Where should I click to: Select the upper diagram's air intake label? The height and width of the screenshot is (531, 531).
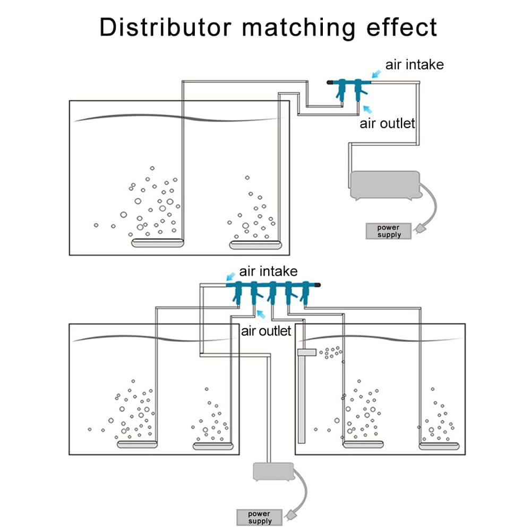click(x=414, y=65)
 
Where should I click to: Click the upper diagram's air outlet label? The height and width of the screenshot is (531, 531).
click(x=387, y=124)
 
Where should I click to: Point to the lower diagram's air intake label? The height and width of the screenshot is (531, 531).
click(x=268, y=271)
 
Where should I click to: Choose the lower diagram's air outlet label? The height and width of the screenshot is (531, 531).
click(x=267, y=331)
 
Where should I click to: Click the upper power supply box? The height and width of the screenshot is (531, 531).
click(x=389, y=231)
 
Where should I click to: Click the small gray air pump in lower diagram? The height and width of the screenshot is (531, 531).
click(x=272, y=471)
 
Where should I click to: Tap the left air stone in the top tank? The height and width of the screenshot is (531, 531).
click(x=158, y=244)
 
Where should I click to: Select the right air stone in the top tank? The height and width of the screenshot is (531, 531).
click(x=255, y=244)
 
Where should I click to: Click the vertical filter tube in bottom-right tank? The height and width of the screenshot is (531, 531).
click(x=302, y=396)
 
